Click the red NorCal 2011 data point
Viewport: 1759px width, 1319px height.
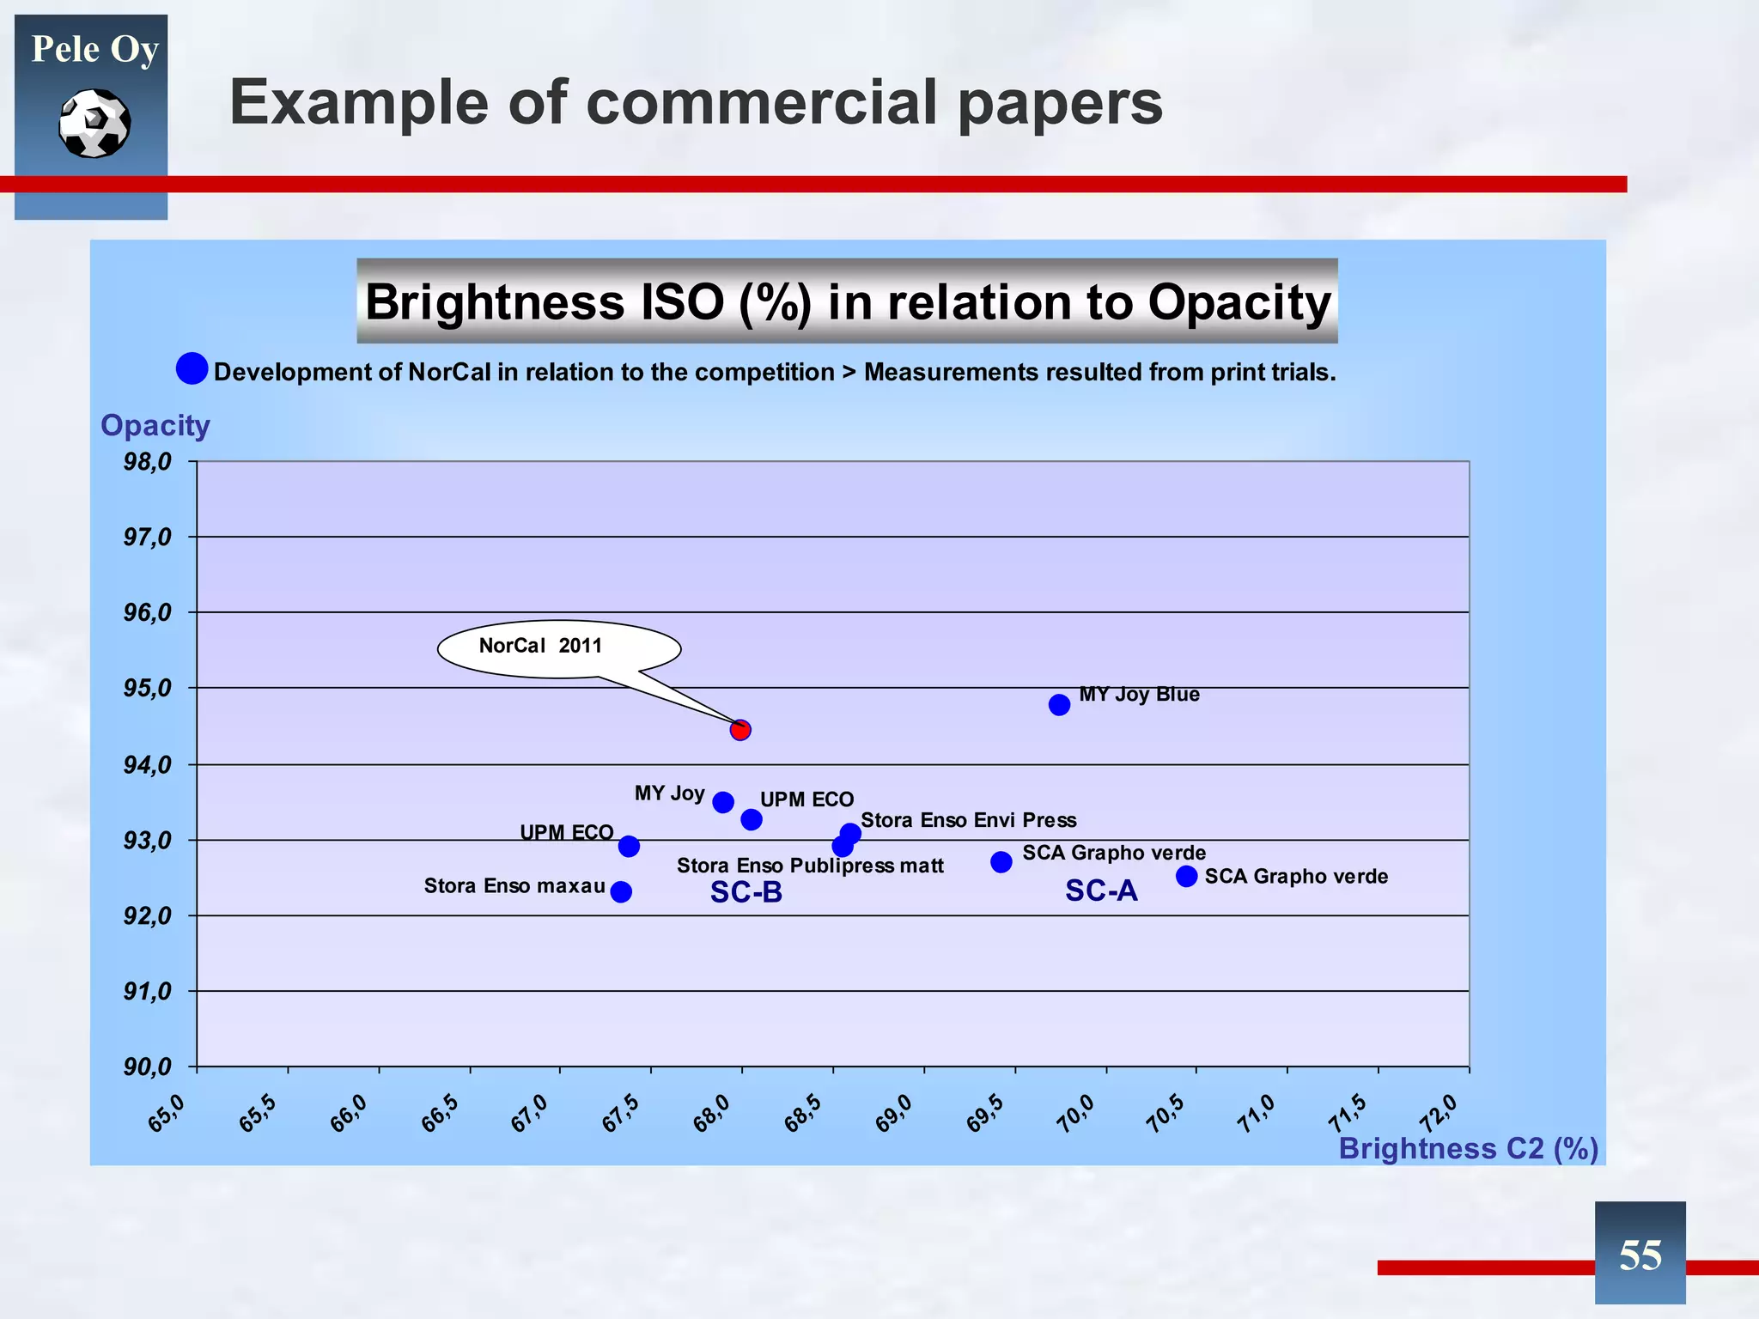(740, 730)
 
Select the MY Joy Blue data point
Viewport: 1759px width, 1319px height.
(1059, 705)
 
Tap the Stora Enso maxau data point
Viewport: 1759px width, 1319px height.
(621, 892)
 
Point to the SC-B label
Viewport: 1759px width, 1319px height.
(746, 893)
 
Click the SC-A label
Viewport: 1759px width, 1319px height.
(1101, 891)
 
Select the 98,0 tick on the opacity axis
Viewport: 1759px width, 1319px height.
(148, 462)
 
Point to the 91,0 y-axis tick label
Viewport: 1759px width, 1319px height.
(148, 992)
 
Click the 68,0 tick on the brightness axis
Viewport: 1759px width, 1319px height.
(712, 1114)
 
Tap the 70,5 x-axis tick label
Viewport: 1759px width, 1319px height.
(1166, 1114)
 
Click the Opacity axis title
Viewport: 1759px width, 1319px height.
(155, 426)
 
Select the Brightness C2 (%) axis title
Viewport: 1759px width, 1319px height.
(1468, 1149)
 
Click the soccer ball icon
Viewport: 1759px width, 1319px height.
(94, 124)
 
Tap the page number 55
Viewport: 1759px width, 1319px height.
(1640, 1255)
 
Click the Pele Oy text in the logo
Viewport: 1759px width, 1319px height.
(94, 50)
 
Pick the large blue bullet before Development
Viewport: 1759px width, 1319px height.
(192, 368)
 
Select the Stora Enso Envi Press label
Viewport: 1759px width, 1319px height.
(968, 820)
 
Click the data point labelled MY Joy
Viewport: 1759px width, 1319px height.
(723, 802)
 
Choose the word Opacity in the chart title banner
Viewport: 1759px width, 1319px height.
(1239, 302)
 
